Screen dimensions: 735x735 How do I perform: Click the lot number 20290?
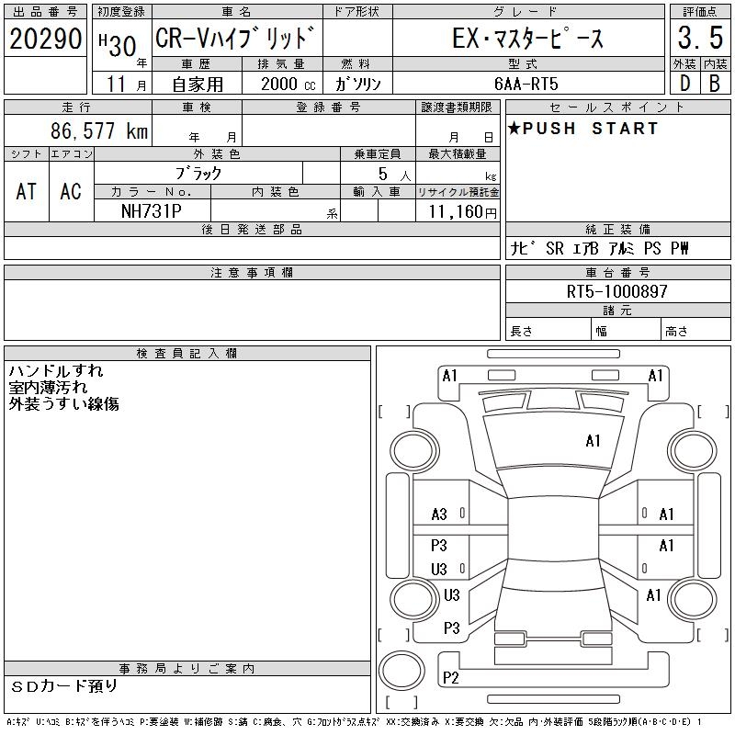(x=46, y=40)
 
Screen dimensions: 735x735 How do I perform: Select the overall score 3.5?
(x=699, y=40)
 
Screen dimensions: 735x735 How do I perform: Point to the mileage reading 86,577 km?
(x=99, y=131)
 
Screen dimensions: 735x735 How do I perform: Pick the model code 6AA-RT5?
(x=526, y=84)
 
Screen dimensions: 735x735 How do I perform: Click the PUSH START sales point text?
(x=582, y=129)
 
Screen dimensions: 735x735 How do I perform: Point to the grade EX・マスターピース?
(x=528, y=40)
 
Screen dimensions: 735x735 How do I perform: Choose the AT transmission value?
(x=27, y=192)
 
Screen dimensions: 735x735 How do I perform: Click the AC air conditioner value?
(x=71, y=192)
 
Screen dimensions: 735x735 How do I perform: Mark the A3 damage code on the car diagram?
(x=439, y=514)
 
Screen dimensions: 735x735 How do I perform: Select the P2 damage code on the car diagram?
(x=450, y=678)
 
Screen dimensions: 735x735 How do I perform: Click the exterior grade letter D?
(x=684, y=84)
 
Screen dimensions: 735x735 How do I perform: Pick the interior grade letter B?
(x=715, y=84)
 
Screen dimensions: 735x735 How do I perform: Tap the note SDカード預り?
(x=64, y=685)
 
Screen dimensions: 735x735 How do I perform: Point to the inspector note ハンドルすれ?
(x=56, y=371)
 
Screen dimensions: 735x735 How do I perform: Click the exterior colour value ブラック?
(x=198, y=173)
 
